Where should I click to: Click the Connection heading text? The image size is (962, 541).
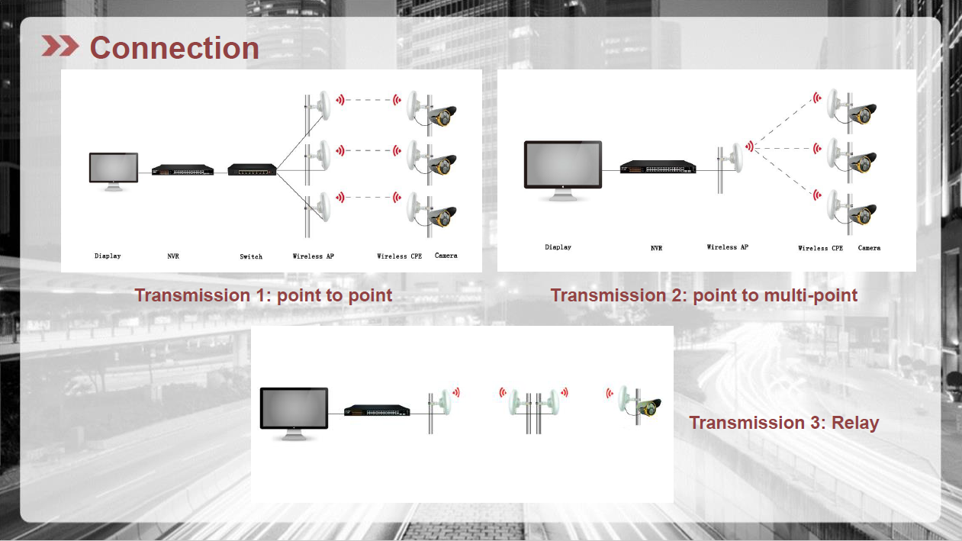click(175, 48)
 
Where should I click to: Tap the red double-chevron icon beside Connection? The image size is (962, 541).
click(60, 46)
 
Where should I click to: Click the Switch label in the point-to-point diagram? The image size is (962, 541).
click(251, 256)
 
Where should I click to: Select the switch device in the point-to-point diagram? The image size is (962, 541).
click(252, 169)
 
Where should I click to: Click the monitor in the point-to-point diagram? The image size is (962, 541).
click(114, 171)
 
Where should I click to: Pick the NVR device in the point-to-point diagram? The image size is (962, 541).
click(182, 169)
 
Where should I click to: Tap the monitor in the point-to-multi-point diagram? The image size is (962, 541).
click(562, 170)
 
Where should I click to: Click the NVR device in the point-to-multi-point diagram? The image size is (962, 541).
click(658, 167)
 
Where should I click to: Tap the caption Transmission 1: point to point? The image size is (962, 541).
click(263, 295)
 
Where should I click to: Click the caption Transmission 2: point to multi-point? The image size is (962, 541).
click(704, 295)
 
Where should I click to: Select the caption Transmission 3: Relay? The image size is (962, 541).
click(783, 423)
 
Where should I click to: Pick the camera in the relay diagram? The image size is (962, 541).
click(649, 407)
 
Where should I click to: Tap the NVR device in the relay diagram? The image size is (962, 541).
click(377, 411)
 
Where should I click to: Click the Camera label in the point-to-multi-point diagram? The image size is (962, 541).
click(869, 248)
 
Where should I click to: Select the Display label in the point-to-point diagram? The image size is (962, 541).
click(108, 256)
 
